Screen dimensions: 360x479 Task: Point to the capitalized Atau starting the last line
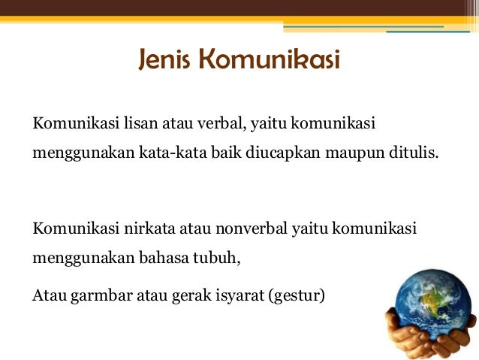[x=48, y=294]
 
